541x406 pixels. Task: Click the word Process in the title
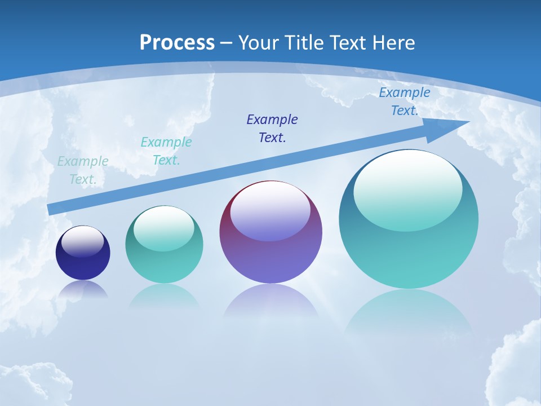(177, 43)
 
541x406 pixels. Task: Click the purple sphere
(270, 259)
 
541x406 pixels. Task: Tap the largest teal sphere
(409, 254)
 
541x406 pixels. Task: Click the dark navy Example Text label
(272, 128)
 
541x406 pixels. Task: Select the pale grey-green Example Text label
(83, 170)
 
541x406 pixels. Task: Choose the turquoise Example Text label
(166, 151)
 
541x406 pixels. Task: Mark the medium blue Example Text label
(405, 101)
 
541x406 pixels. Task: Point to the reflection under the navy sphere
(83, 290)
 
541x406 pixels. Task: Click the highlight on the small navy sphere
(82, 241)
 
